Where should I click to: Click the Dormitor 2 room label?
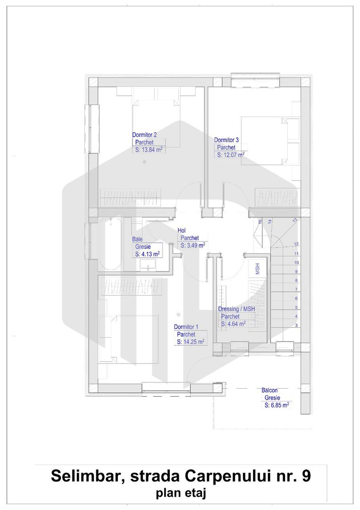[x=144, y=135]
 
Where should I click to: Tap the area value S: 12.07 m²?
[x=230, y=154]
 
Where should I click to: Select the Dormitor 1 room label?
[x=186, y=327]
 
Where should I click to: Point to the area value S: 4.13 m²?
[x=147, y=254]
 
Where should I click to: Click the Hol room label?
[x=182, y=230]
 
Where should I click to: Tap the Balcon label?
[x=269, y=391]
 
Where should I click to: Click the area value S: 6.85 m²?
[x=276, y=405]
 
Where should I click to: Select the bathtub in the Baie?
[x=110, y=244]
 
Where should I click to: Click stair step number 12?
[x=296, y=244]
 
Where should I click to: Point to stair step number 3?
[x=296, y=325]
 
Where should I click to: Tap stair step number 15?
[x=260, y=221]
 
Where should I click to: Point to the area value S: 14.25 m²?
[x=191, y=342]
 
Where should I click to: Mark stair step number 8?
[x=296, y=280]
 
